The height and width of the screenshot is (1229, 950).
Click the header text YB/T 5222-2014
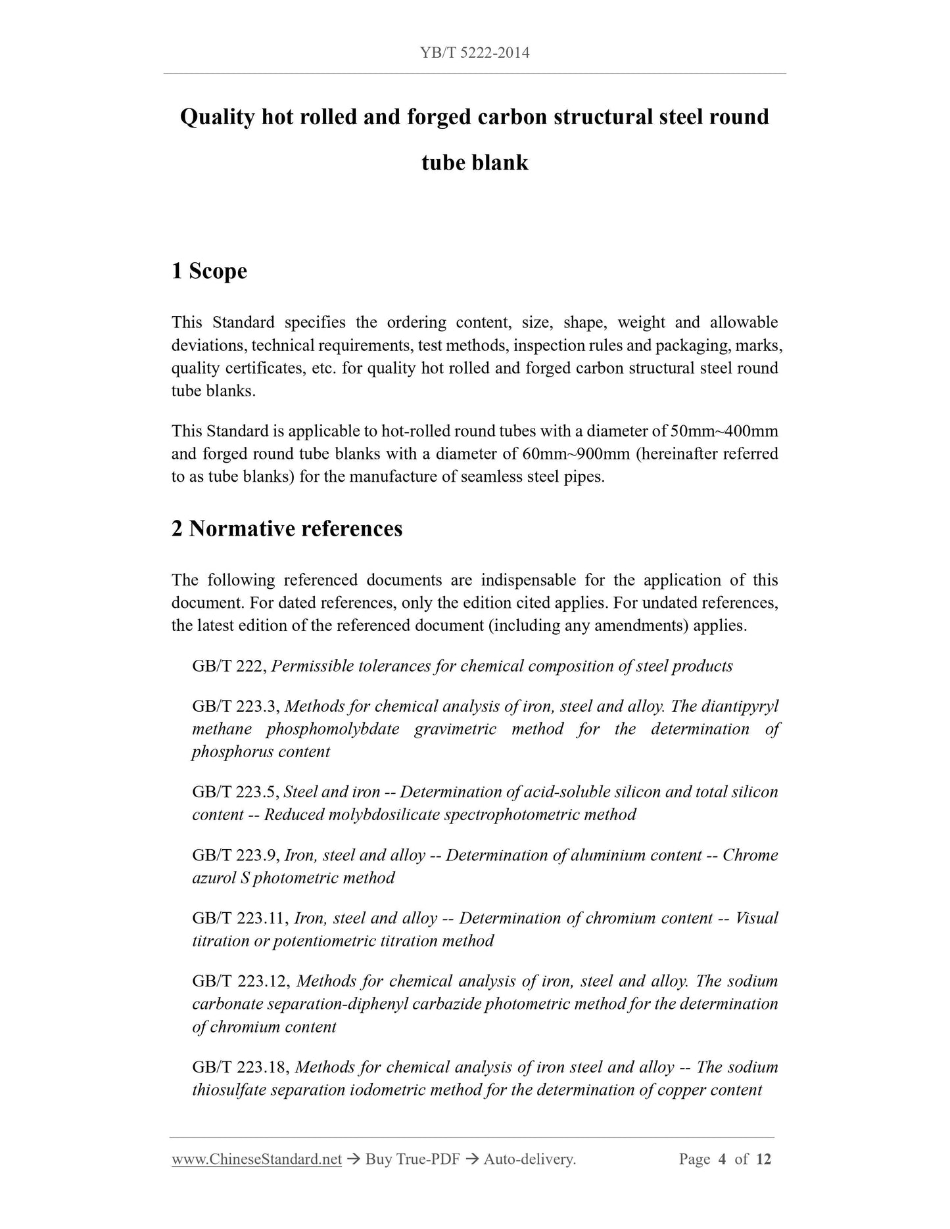[x=475, y=53]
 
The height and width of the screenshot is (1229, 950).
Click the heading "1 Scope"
[x=209, y=271]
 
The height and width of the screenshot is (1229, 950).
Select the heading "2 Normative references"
[x=287, y=528]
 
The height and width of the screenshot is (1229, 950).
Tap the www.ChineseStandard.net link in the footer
[x=256, y=1159]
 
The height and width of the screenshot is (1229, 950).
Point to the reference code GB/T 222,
[x=229, y=666]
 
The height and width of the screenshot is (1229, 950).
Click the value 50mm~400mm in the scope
[x=724, y=431]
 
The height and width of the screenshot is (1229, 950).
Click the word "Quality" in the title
[x=216, y=117]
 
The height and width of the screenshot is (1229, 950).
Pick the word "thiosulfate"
[x=228, y=1090]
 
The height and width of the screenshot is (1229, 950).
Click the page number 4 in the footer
[x=722, y=1159]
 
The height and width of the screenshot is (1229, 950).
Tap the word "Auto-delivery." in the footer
[x=529, y=1159]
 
